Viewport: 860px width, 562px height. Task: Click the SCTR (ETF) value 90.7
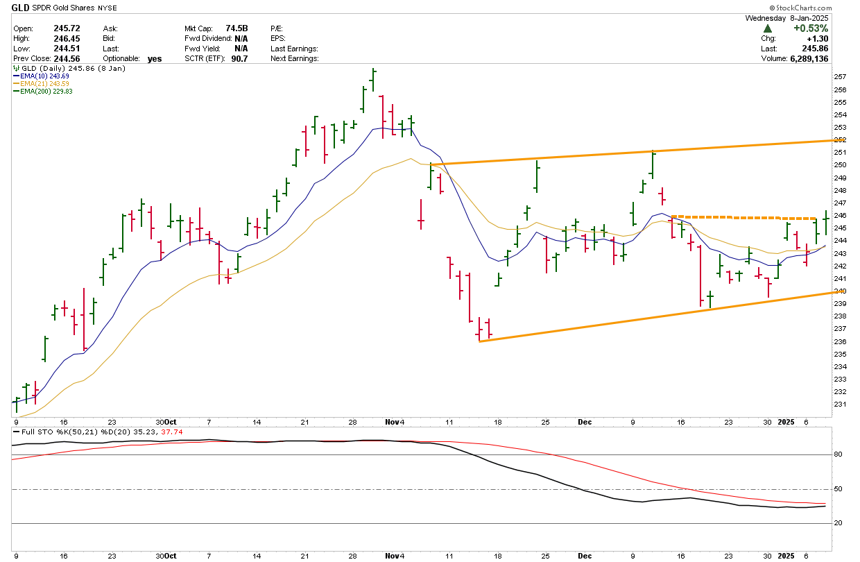click(239, 58)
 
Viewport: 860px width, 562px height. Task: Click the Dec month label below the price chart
click(584, 422)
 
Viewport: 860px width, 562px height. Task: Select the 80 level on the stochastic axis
click(838, 455)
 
